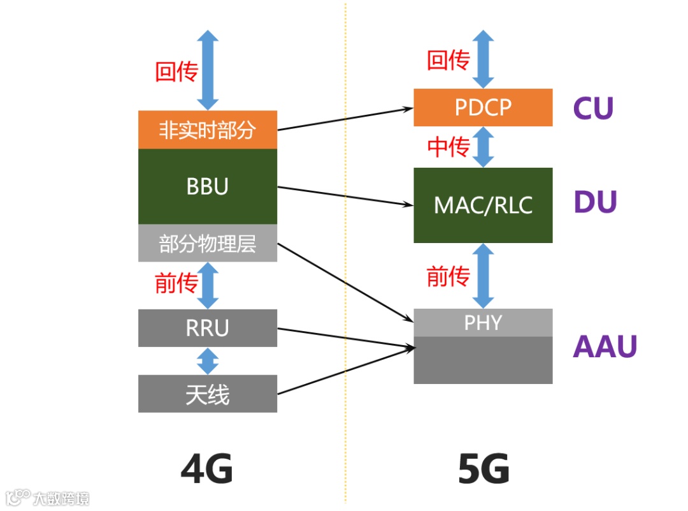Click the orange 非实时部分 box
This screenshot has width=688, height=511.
[x=207, y=130]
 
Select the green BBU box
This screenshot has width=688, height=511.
[x=207, y=186]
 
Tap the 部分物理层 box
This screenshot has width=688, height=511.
[x=207, y=243]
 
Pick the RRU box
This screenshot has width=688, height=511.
[x=207, y=328]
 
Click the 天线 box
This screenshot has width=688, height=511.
[x=207, y=394]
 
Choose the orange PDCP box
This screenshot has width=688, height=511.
[x=483, y=107]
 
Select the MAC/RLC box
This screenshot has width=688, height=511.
[x=483, y=205]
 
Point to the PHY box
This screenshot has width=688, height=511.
[x=483, y=323]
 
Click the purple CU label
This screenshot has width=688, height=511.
[x=593, y=108]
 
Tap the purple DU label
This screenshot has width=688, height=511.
[x=596, y=203]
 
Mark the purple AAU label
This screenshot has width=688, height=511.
[x=605, y=346]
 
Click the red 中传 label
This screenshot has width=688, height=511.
[x=448, y=147]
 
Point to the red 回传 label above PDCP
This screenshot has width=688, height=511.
[x=448, y=61]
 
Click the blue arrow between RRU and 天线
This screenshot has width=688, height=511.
[x=208, y=361]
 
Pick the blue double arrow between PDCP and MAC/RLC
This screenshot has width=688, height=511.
[x=484, y=147]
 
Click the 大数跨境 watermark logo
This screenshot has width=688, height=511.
[x=47, y=498]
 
